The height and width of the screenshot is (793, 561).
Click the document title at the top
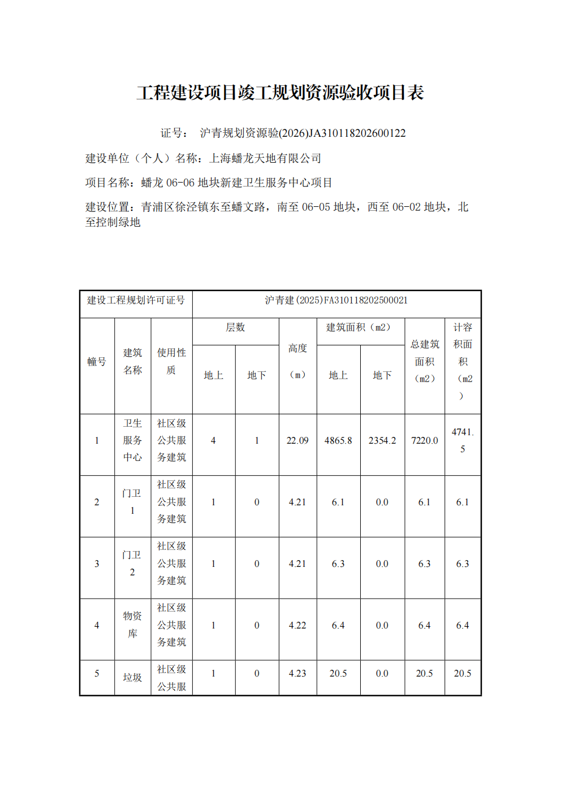point(280,93)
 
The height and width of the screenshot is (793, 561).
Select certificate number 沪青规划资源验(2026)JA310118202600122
point(303,133)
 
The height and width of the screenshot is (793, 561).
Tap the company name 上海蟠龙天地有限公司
point(265,158)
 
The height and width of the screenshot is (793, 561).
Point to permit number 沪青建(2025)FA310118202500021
point(336,300)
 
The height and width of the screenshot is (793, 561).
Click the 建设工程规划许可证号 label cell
point(136,300)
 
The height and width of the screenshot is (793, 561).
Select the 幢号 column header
point(97,362)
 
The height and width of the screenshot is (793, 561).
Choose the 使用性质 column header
point(171,361)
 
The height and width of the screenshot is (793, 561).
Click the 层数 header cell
point(235,328)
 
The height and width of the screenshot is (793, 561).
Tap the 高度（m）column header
point(297,361)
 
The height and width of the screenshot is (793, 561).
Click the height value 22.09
point(297,441)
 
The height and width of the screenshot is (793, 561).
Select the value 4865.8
point(338,441)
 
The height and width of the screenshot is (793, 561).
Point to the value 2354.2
point(382,441)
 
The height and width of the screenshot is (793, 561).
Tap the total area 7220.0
point(425,441)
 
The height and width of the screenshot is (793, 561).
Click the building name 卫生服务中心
point(132,440)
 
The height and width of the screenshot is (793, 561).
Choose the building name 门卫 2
point(132,564)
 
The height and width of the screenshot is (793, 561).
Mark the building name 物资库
point(132,625)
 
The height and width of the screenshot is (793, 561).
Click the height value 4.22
point(297,626)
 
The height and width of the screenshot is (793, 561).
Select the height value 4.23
point(297,674)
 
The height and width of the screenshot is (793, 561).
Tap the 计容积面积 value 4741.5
point(463,440)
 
